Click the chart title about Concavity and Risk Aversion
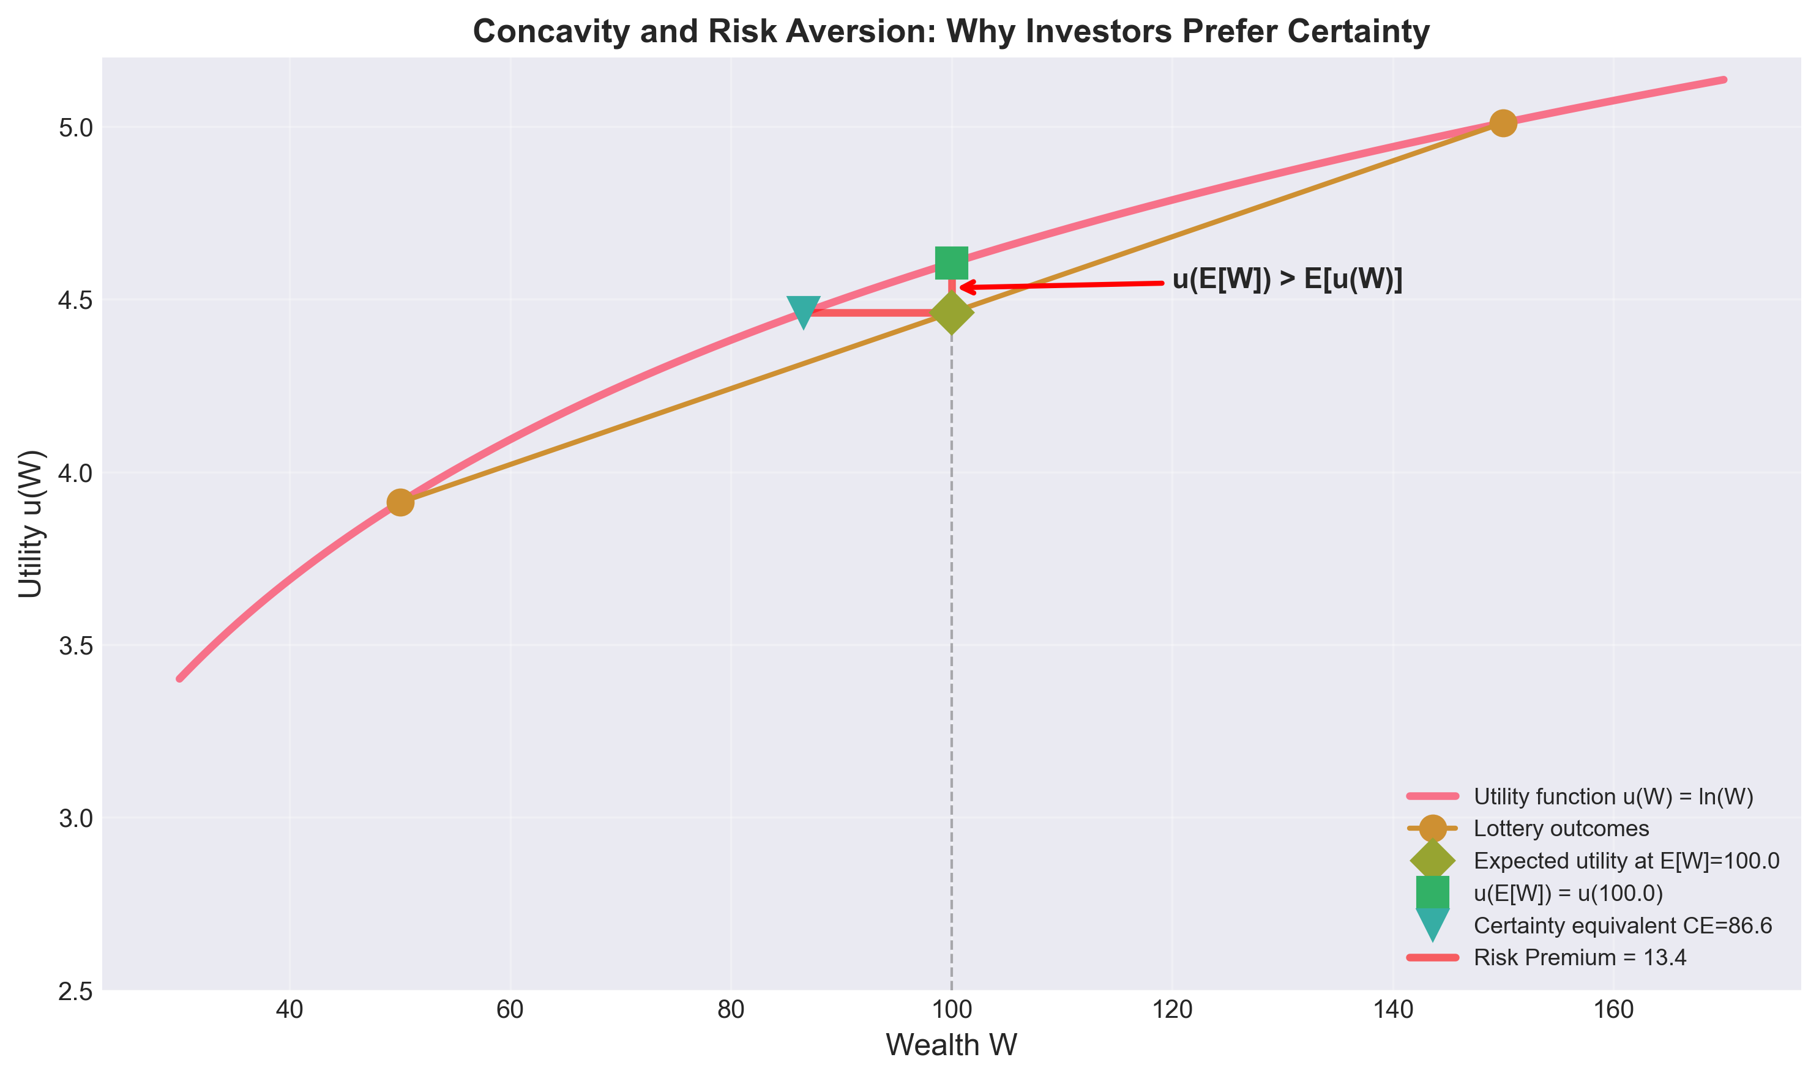pyautogui.click(x=951, y=32)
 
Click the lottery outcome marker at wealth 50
pyautogui.click(x=400, y=502)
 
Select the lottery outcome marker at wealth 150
pyautogui.click(x=1503, y=123)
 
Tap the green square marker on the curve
pyautogui.click(x=951, y=262)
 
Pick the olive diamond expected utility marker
pyautogui.click(x=951, y=313)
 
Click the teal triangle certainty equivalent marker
pyautogui.click(x=803, y=312)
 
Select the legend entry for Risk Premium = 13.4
pyautogui.click(x=1580, y=957)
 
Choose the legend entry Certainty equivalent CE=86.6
pyautogui.click(x=1623, y=925)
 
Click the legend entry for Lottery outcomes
pyautogui.click(x=1561, y=829)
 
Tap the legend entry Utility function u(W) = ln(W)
pyautogui.click(x=1613, y=797)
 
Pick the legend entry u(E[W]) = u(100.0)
pyautogui.click(x=1568, y=894)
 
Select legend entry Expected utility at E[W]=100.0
pyautogui.click(x=1626, y=861)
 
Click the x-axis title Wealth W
pyautogui.click(x=951, y=1045)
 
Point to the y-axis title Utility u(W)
pyautogui.click(x=31, y=524)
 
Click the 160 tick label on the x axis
pyautogui.click(x=1613, y=1010)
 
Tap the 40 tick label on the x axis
pyautogui.click(x=289, y=1010)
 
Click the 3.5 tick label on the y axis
pyautogui.click(x=77, y=646)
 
